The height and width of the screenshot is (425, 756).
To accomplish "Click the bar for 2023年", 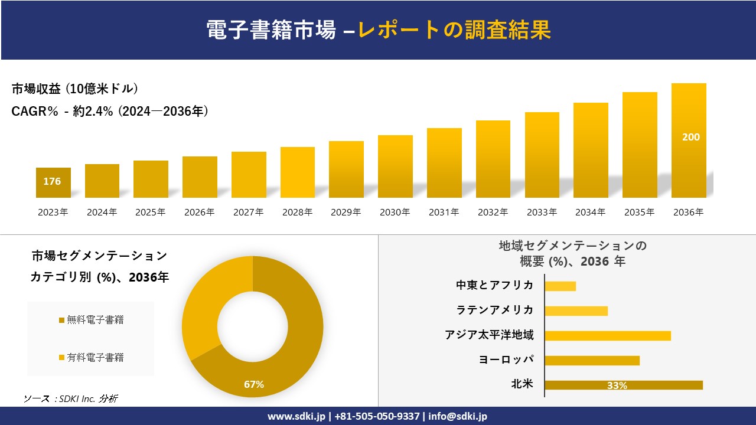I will pos(53,182).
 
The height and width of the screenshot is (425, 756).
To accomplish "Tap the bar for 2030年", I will pos(395,166).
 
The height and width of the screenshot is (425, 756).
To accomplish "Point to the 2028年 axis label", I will pos(297,212).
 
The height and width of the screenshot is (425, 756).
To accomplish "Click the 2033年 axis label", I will pos(542,212).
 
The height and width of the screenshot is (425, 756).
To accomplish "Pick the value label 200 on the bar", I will pos(690,137).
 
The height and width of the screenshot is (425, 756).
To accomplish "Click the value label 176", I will pos(52,181).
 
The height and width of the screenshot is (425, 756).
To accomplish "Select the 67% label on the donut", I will pos(254,384).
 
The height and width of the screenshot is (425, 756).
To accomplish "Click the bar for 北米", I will pos(623,385).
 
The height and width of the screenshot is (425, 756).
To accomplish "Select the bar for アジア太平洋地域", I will pos(607,335).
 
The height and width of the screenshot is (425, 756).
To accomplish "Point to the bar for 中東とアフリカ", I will pos(560,286).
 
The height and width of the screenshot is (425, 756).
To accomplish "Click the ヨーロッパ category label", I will pos(506,359).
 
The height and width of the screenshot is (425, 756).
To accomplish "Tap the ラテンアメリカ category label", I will pos(494,310).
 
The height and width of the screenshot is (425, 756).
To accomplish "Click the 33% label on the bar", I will pos(617,385).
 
